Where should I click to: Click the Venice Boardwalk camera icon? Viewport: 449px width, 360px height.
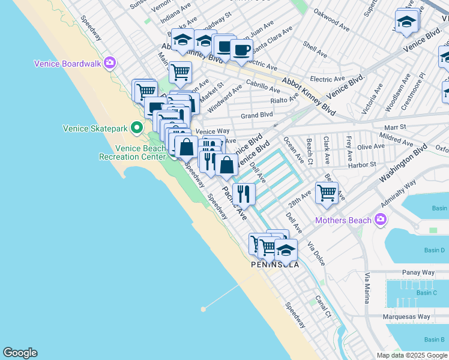[109, 62]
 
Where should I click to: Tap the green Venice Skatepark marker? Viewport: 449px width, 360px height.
[137, 127]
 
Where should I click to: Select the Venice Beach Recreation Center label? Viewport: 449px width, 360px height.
[132, 152]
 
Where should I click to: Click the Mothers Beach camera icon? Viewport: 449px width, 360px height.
[379, 220]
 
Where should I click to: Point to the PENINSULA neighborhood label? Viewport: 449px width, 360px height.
[274, 264]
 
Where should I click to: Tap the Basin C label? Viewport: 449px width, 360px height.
[426, 293]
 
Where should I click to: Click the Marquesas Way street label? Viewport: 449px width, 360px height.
[406, 317]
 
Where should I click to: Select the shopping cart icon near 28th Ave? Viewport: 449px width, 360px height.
[327, 193]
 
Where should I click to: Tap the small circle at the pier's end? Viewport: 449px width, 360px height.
[203, 309]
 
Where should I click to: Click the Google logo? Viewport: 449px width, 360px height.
[20, 353]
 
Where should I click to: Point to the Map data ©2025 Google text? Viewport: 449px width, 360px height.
[411, 355]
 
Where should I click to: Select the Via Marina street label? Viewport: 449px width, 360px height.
[367, 288]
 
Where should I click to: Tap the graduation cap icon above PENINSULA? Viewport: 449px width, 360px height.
[286, 250]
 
